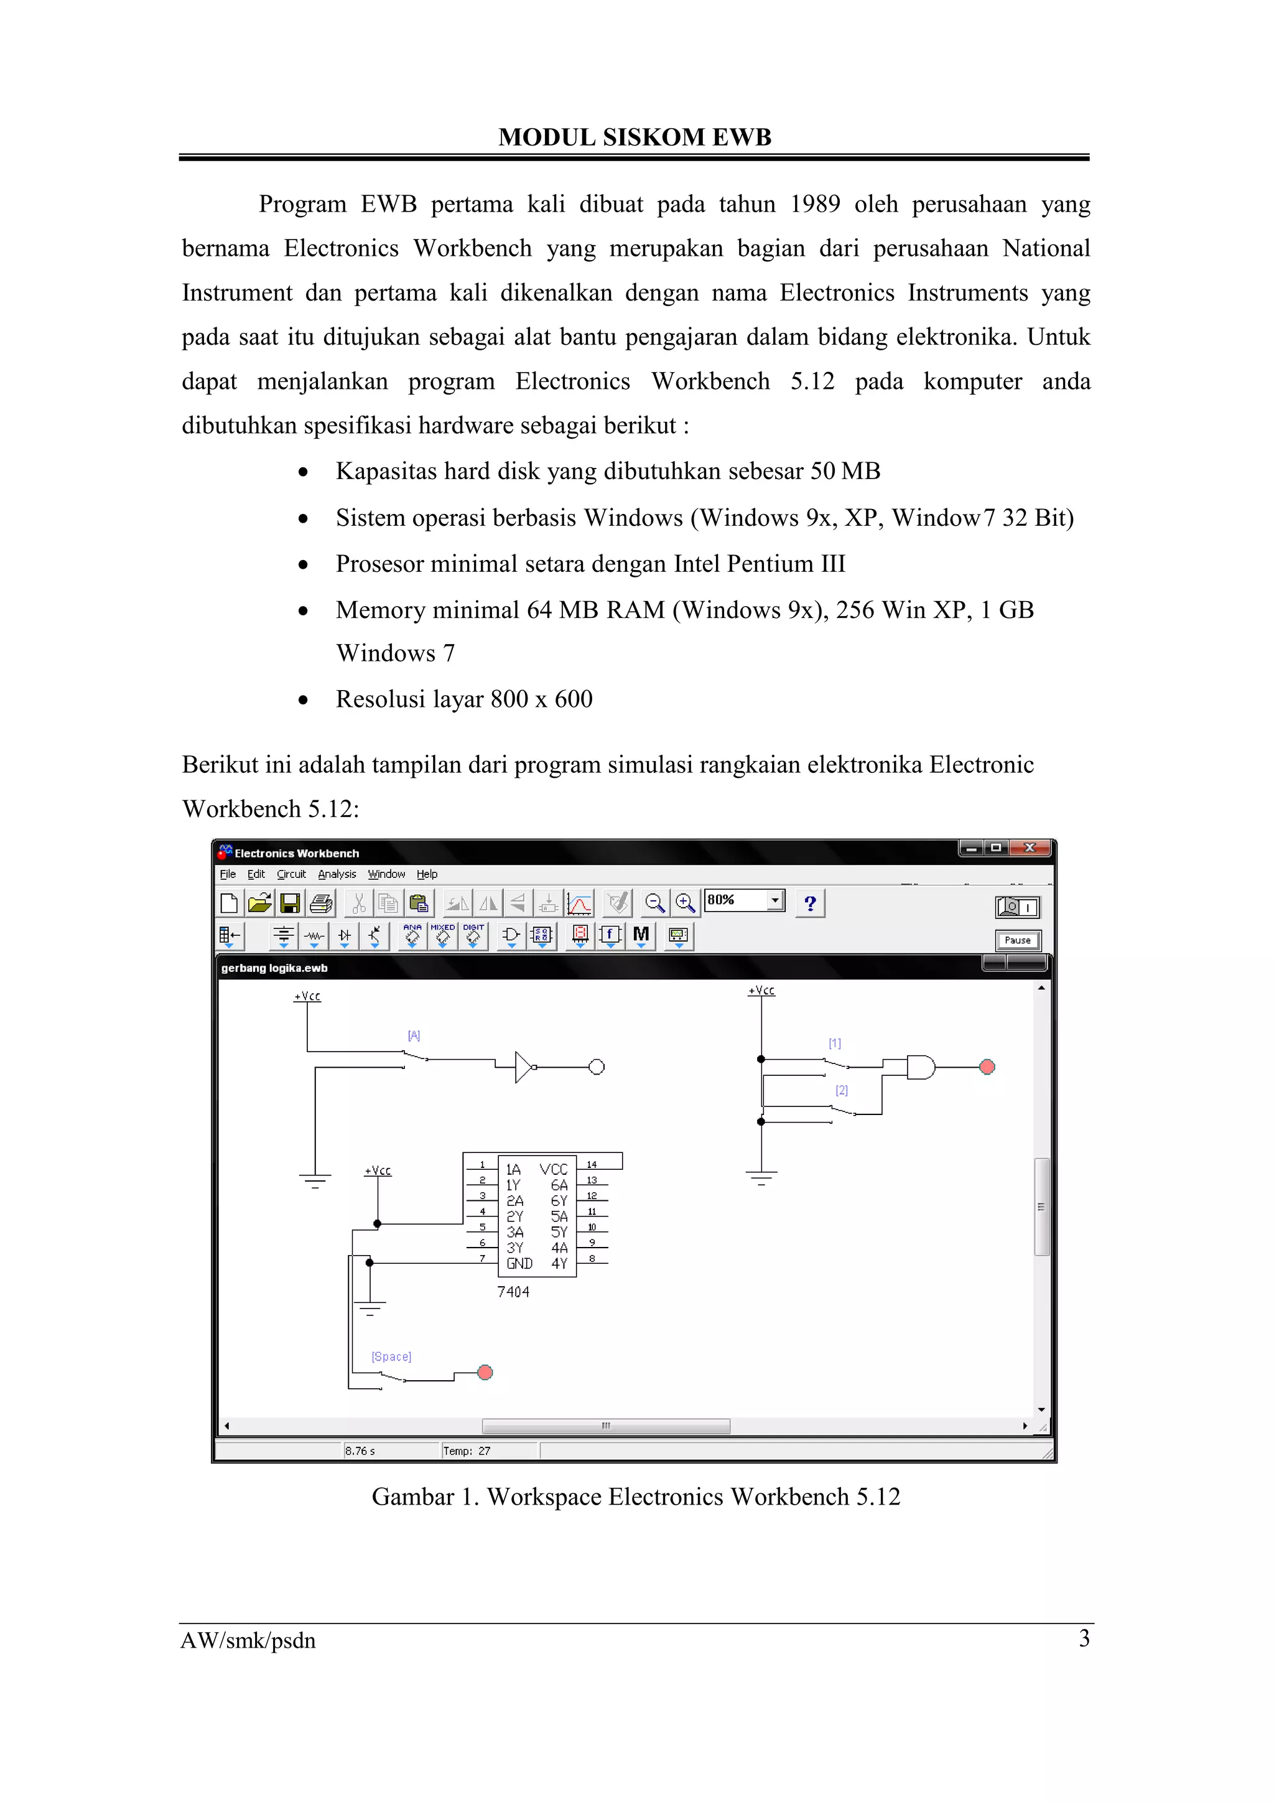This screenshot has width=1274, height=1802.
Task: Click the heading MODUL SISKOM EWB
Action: (x=635, y=138)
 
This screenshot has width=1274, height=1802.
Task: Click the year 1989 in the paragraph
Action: (x=814, y=204)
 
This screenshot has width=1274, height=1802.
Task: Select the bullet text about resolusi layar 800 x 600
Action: (x=463, y=699)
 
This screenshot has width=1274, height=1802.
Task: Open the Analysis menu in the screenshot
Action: (x=337, y=874)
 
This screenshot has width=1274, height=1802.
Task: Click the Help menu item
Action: (x=427, y=874)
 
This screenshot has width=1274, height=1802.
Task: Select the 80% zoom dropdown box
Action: (x=744, y=900)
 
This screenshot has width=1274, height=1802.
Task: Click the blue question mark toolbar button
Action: (x=811, y=903)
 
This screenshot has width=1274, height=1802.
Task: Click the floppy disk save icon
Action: (x=291, y=903)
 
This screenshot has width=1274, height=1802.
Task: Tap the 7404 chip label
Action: (x=513, y=1292)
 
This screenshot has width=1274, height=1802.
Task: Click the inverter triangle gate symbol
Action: (x=523, y=1067)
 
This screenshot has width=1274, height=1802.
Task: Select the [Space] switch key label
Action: (x=391, y=1356)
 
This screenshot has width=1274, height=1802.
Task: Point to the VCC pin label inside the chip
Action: (x=553, y=1169)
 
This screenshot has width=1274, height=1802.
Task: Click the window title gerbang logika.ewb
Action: (x=274, y=968)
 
